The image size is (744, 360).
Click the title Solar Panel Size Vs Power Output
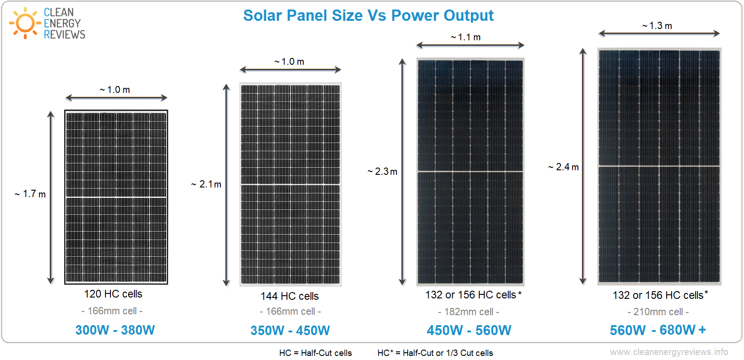click(x=368, y=15)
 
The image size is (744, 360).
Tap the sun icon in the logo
click(x=25, y=23)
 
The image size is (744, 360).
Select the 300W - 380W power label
click(x=115, y=330)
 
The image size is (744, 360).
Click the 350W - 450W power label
click(x=290, y=331)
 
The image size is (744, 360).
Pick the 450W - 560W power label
click(x=469, y=331)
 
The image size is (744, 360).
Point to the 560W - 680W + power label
click(x=658, y=330)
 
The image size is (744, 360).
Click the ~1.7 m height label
click(x=30, y=194)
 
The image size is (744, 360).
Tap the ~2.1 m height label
click(x=206, y=184)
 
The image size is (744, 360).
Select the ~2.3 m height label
click(x=382, y=172)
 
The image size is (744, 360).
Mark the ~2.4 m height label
click(x=563, y=167)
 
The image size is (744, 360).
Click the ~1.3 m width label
click(x=657, y=26)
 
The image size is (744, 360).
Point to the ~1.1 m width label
click(x=466, y=37)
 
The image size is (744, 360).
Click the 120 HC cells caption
click(x=113, y=294)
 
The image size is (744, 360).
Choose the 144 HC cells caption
click(x=290, y=296)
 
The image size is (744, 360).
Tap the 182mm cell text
click(x=468, y=312)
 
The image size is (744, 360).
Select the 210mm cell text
click(x=658, y=312)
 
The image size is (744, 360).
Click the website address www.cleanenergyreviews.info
click(x=669, y=352)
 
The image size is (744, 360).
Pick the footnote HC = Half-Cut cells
click(x=315, y=353)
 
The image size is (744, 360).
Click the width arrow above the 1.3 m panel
click(x=659, y=34)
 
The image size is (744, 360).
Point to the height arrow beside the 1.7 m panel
click(x=51, y=197)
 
